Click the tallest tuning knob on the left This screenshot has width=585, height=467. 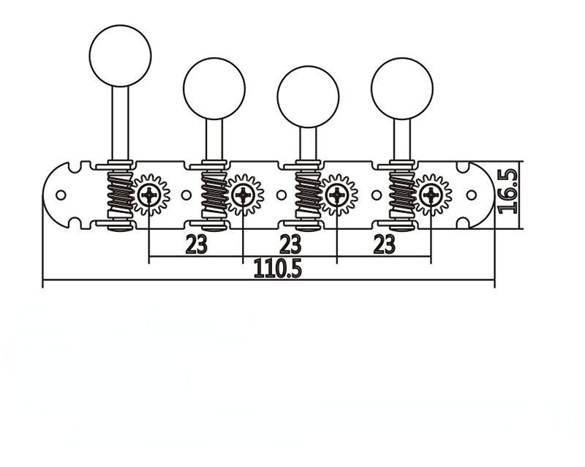click(120, 55)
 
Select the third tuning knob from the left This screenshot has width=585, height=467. click(308, 96)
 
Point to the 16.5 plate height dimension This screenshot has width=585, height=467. click(507, 190)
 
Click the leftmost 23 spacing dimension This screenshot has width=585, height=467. click(196, 244)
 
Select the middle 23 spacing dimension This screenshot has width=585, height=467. click(290, 244)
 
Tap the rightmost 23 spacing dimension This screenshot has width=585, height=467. click(385, 244)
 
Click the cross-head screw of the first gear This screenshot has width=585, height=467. click(149, 195)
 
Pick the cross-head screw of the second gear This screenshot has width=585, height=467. click(243, 195)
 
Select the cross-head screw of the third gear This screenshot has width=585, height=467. click(337, 195)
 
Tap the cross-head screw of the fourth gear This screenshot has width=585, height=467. click(431, 195)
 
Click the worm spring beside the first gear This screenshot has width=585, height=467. click(120, 194)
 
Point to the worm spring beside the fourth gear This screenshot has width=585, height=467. click(401, 194)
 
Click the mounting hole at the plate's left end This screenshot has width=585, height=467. click(61, 195)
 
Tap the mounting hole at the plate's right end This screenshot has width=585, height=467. click(472, 195)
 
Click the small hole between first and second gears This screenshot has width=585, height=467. click(186, 195)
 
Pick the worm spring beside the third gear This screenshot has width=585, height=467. click(308, 194)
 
